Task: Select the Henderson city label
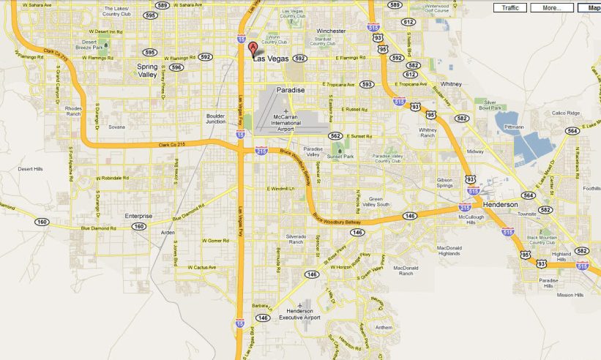coord(501,204)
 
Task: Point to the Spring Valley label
coord(153,70)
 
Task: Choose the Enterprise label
coord(138,216)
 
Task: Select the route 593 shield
coord(367,84)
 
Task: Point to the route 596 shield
coord(176,67)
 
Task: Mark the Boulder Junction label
coord(216,119)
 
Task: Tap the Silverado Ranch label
coord(295,240)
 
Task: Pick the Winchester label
coord(331,31)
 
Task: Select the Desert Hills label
coord(30,169)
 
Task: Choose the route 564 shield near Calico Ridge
coord(572,130)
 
